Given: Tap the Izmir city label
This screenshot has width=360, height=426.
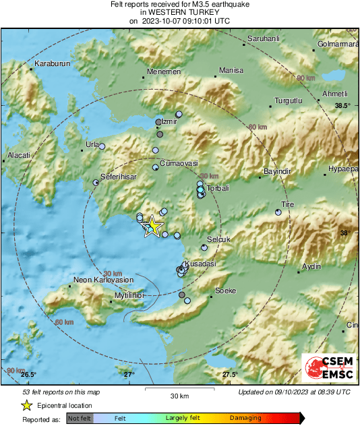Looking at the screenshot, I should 169,122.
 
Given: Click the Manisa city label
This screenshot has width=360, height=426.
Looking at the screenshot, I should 231,70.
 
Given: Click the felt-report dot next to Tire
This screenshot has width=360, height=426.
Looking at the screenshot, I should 278,212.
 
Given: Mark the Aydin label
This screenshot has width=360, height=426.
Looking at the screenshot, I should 311,266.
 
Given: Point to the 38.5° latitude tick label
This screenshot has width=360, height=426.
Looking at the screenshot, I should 343,105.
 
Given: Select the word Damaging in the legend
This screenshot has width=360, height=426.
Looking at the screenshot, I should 245,418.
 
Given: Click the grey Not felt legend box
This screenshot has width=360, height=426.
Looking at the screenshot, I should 79,419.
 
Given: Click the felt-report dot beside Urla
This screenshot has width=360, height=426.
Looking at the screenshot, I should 102,146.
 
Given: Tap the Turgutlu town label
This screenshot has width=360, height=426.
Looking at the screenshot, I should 288,101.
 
